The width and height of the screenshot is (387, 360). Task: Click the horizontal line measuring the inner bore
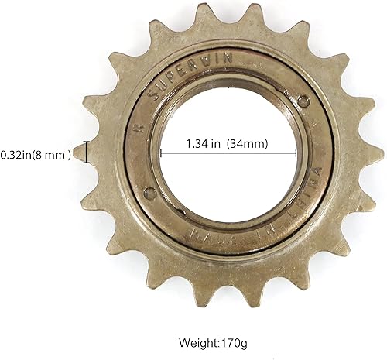click(228, 153)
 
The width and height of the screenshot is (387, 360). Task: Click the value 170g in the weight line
click(224, 341)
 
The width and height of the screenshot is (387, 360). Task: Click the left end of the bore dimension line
click(162, 153)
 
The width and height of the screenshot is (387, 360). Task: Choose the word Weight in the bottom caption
click(189, 341)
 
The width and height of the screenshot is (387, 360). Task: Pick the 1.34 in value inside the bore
click(204, 143)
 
